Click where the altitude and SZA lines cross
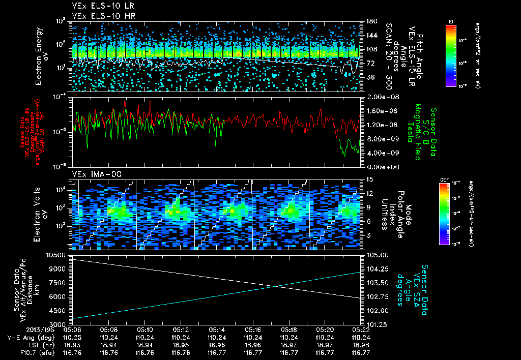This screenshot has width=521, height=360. [x=276, y=286]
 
